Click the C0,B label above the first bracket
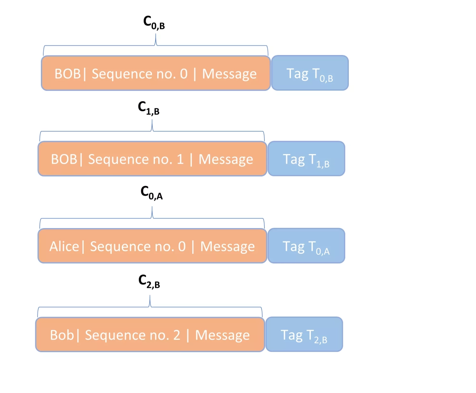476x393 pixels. pyautogui.click(x=154, y=22)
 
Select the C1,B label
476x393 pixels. pyautogui.click(x=148, y=108)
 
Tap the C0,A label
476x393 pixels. pyautogui.click(x=151, y=193)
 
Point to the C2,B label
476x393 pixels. pyautogui.click(x=149, y=281)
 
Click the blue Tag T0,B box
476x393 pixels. pyautogui.click(x=310, y=73)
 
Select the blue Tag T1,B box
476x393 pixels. pyautogui.click(x=306, y=159)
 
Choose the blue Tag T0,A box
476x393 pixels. pyautogui.click(x=306, y=246)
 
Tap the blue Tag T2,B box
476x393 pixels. pyautogui.click(x=304, y=335)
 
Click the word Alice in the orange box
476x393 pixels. pyautogui.click(x=64, y=246)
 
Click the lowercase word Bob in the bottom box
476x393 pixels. pyautogui.click(x=62, y=335)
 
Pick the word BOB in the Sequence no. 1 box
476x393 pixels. pyautogui.click(x=64, y=159)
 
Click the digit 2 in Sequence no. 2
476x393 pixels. pyautogui.click(x=177, y=335)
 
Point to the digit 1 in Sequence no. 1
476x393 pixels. pyautogui.click(x=180, y=159)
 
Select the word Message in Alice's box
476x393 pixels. pyautogui.click(x=227, y=246)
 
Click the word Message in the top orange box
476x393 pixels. pyautogui.click(x=229, y=74)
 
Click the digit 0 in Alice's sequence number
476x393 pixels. pyautogui.click(x=182, y=246)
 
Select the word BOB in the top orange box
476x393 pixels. pyautogui.click(x=67, y=74)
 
